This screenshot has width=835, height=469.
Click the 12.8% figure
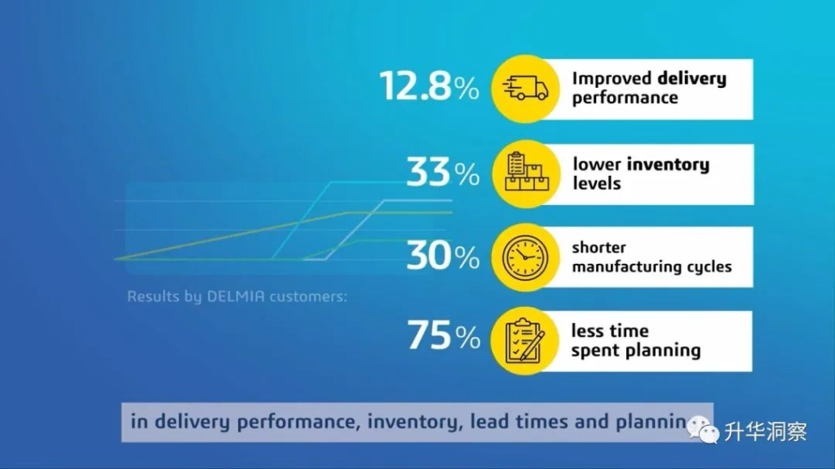(x=429, y=85)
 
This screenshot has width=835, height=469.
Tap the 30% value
(x=443, y=255)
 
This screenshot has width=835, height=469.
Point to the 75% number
(x=444, y=335)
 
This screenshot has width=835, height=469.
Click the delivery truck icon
(x=525, y=88)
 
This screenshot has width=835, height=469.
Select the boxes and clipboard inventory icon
(x=526, y=172)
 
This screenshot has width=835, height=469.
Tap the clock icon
(x=525, y=257)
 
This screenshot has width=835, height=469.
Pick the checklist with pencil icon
(x=525, y=341)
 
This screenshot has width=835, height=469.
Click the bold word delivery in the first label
(x=691, y=79)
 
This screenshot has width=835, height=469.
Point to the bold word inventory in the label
(x=668, y=164)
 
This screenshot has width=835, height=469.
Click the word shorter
(x=599, y=248)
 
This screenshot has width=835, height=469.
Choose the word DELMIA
(x=236, y=296)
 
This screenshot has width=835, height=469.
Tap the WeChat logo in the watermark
(x=703, y=430)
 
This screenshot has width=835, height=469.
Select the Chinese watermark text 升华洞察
(x=765, y=432)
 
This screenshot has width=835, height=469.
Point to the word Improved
(x=612, y=79)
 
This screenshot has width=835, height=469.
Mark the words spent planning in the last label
(x=636, y=350)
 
